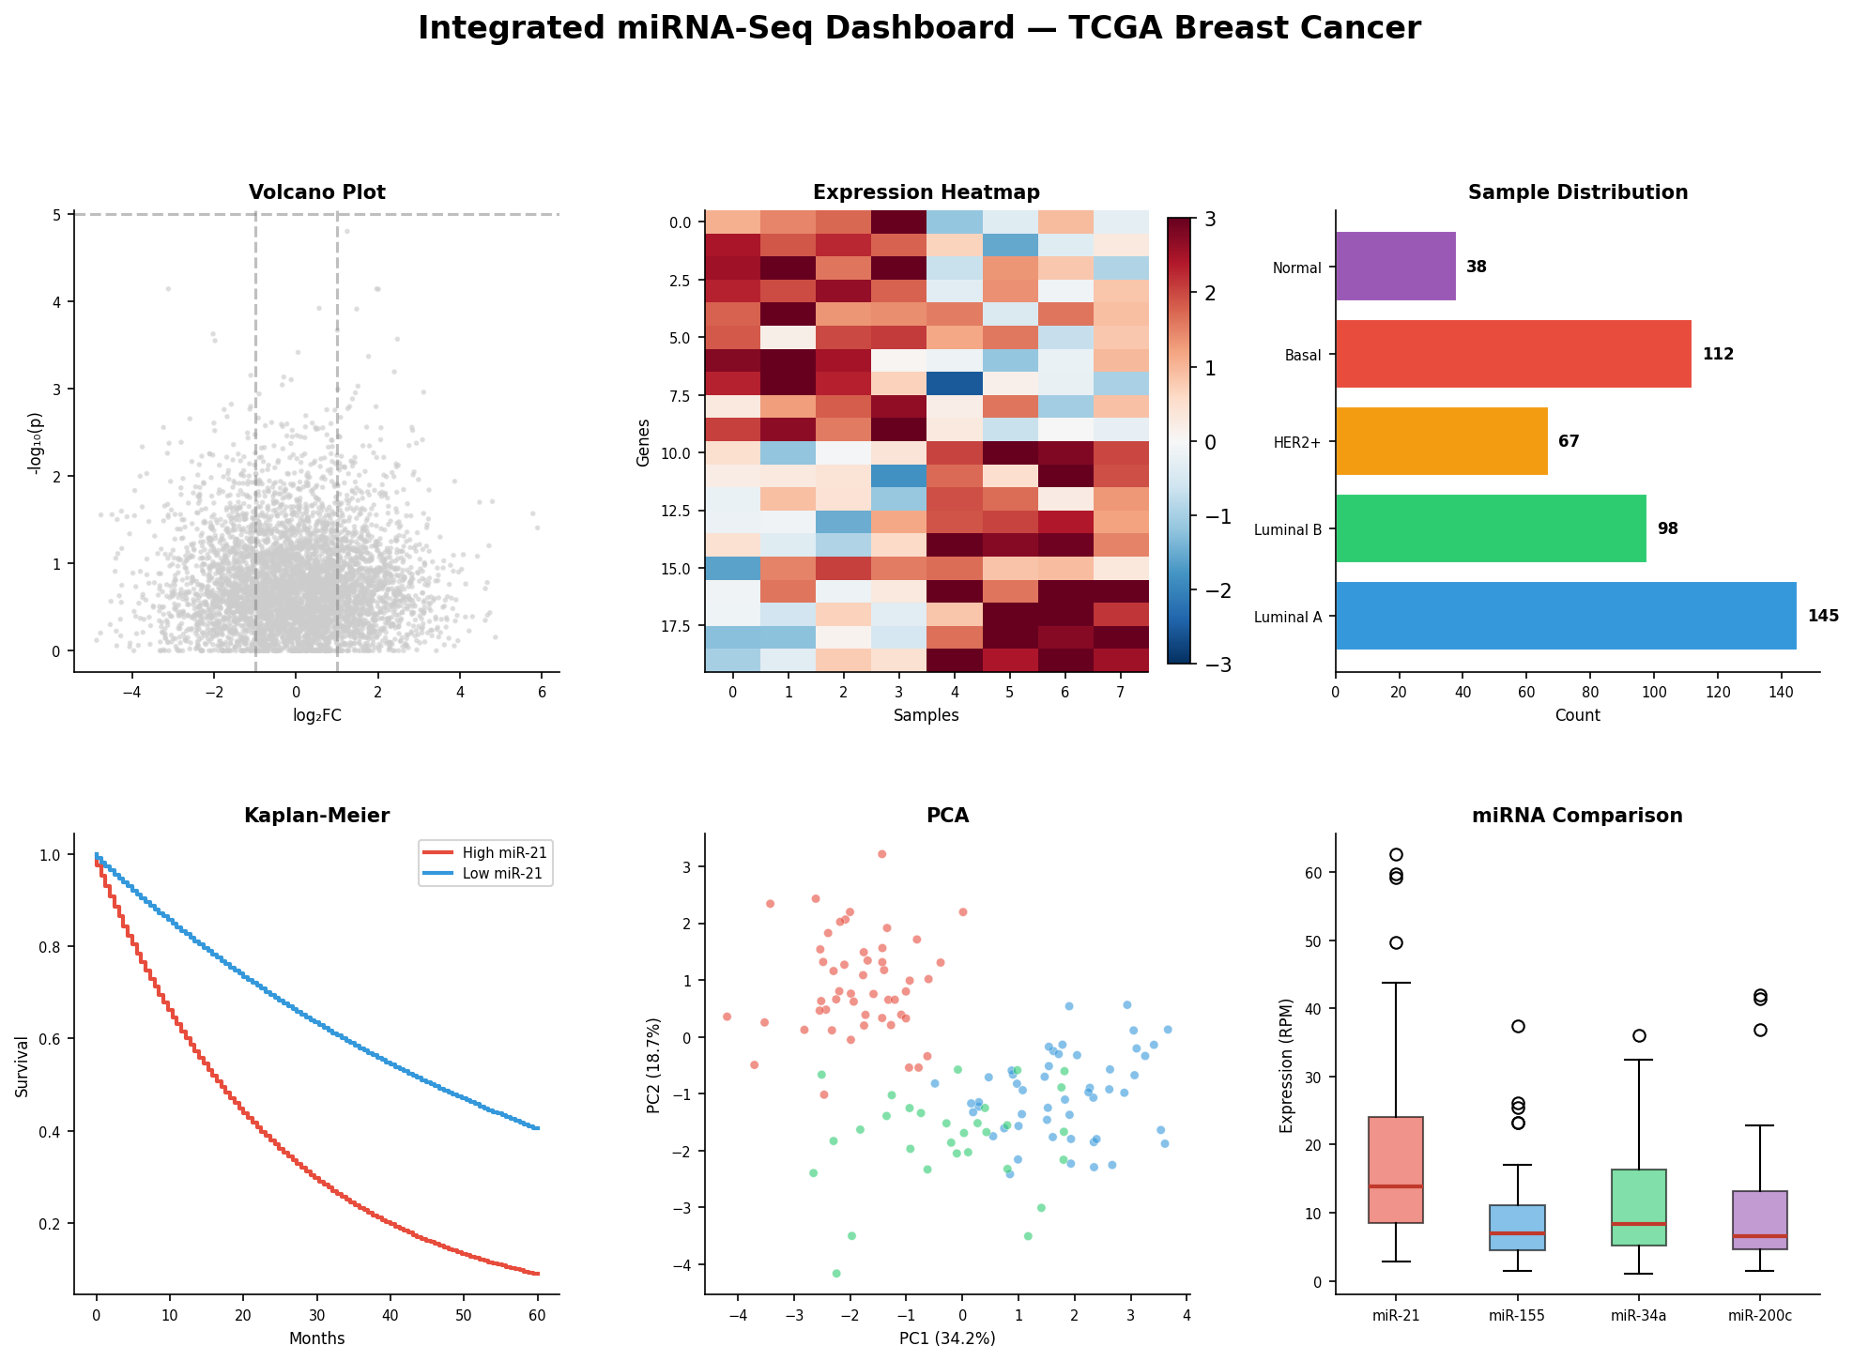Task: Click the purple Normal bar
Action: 1395,267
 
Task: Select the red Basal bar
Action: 1512,354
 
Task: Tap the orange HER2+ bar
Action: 1441,441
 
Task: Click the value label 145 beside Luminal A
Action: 1823,617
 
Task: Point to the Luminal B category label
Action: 1287,530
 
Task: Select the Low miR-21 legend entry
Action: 503,874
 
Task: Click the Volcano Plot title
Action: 317,192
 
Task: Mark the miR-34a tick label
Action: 1638,1316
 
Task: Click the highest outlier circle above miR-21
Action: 1396,854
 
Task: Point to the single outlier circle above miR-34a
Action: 1639,1035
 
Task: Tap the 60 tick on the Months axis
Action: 537,1314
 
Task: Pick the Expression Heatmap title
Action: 926,192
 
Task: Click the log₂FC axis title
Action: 316,716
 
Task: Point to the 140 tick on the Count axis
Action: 1781,693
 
